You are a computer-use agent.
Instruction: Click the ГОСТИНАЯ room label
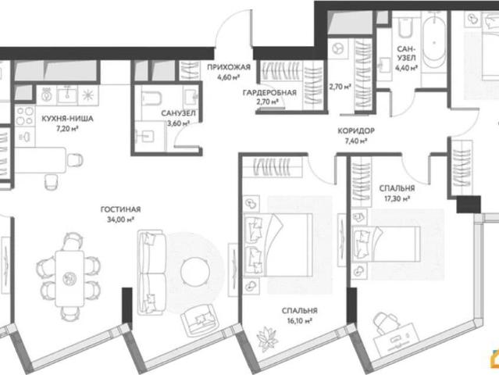pyautogui.click(x=120, y=209)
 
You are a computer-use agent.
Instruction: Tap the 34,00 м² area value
pyautogui.click(x=120, y=220)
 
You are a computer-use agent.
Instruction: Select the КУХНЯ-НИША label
pyautogui.click(x=67, y=119)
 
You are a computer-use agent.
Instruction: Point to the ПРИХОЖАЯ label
pyautogui.click(x=229, y=67)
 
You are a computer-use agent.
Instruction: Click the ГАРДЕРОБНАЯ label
pyautogui.click(x=269, y=93)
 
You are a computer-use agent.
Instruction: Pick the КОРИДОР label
pyautogui.click(x=356, y=130)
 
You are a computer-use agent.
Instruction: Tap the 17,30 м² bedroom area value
pyautogui.click(x=397, y=198)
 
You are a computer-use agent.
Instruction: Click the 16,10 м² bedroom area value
pyautogui.click(x=299, y=320)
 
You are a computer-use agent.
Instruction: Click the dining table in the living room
pyautogui.click(x=70, y=278)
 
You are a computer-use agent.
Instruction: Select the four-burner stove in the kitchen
pyautogui.click(x=25, y=116)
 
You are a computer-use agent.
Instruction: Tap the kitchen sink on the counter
pyautogui.click(x=67, y=95)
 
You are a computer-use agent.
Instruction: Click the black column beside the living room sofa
pyautogui.click(x=127, y=305)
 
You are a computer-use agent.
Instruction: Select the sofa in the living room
pyautogui.click(x=151, y=273)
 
